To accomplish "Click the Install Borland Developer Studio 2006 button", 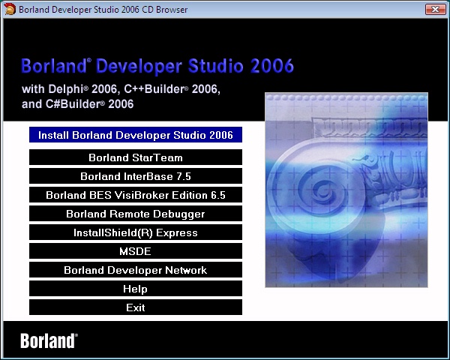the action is (136, 135).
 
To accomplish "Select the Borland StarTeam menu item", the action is (136, 157).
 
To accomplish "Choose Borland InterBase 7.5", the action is (136, 176).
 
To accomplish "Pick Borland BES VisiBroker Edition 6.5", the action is (136, 195).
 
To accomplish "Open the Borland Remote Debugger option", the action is (136, 214).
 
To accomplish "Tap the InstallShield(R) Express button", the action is (136, 232).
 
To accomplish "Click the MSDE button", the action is (136, 251).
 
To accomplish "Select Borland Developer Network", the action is (136, 270).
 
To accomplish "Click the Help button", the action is (136, 289).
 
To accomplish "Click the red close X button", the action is (435, 9).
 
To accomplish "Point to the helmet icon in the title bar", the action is (10, 9).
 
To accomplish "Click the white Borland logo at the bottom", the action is (49, 340).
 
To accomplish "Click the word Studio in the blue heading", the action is (216, 66).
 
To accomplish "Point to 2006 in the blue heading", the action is (272, 66).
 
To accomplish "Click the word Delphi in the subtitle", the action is (66, 89).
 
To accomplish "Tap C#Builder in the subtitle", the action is (73, 104).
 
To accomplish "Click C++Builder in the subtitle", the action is (154, 89).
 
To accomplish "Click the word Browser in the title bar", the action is (172, 10).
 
